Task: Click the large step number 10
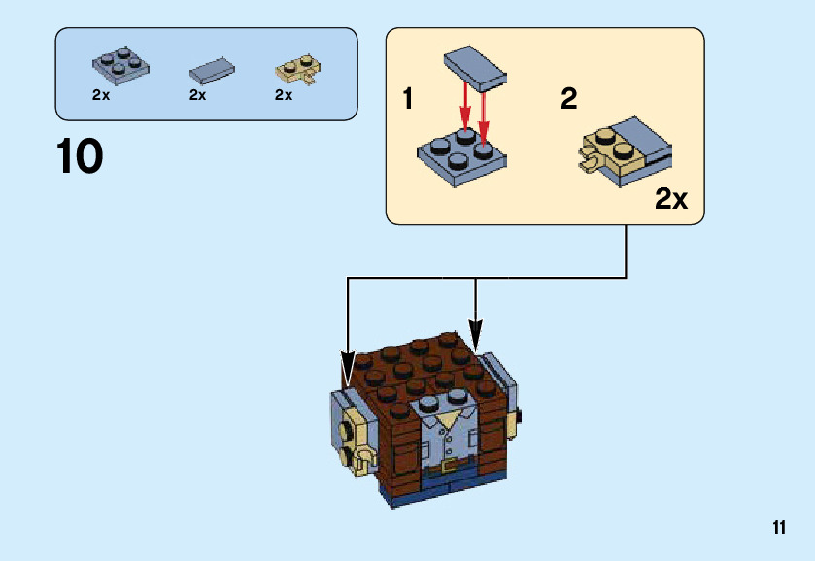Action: (80, 156)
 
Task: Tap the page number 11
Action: (779, 528)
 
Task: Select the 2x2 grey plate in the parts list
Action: (118, 64)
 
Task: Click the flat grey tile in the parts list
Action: (212, 70)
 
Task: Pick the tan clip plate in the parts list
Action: (296, 70)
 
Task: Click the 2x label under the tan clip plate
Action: (284, 95)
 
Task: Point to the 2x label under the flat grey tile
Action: (198, 95)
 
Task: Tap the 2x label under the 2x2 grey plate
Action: (101, 95)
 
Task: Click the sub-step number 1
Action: (408, 99)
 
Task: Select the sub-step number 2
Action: (568, 99)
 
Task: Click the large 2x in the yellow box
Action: (670, 200)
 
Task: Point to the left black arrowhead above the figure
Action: (348, 370)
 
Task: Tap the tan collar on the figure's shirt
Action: (449, 418)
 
